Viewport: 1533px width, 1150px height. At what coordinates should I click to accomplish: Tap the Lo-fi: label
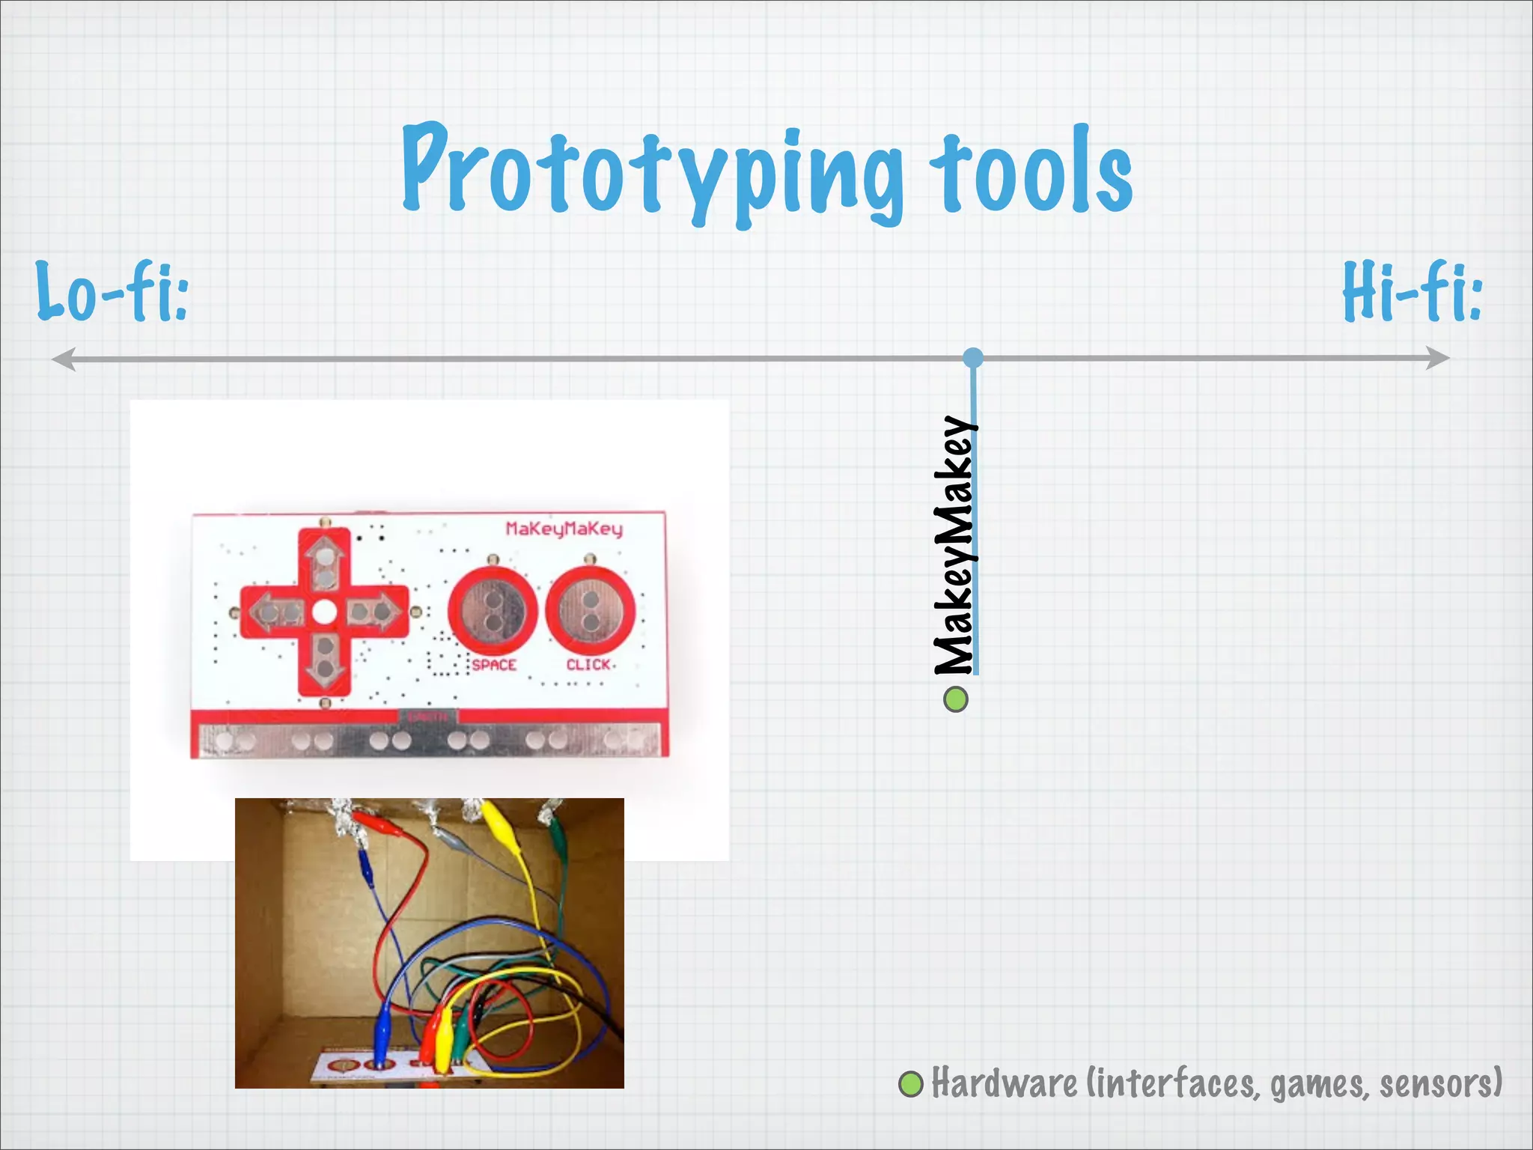[x=112, y=292]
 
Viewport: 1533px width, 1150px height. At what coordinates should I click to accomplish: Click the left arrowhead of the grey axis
[x=63, y=359]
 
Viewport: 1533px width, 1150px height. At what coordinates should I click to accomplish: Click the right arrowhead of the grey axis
[x=1438, y=358]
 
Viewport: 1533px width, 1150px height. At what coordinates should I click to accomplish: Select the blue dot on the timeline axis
[x=973, y=358]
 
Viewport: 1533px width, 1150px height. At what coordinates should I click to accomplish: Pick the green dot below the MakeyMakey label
[x=955, y=700]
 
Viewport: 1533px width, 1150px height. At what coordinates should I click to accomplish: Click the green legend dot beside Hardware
[x=911, y=1084]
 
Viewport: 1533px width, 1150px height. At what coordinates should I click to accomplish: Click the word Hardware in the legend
[x=1004, y=1084]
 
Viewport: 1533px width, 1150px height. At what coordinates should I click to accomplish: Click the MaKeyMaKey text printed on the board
[x=564, y=529]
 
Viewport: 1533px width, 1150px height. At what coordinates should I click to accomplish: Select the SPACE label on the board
[x=494, y=665]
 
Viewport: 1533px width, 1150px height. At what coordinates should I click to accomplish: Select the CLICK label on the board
[x=588, y=665]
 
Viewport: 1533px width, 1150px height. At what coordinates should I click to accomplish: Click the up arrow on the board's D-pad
[x=325, y=562]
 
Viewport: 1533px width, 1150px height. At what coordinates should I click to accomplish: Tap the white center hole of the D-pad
[x=324, y=612]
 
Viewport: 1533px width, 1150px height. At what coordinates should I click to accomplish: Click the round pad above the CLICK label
[x=591, y=610]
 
